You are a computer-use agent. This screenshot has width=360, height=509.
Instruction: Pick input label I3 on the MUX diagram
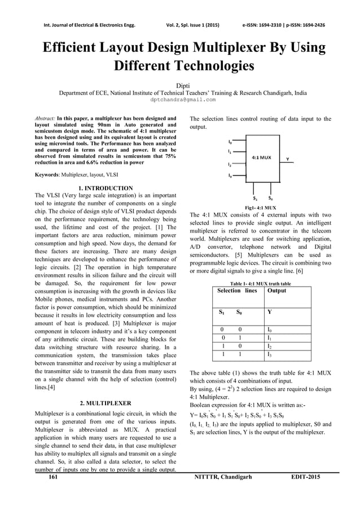(x=229, y=176)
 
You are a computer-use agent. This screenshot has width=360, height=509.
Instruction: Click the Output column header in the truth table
(x=277, y=291)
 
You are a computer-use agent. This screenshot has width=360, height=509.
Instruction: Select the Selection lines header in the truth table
(x=238, y=291)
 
